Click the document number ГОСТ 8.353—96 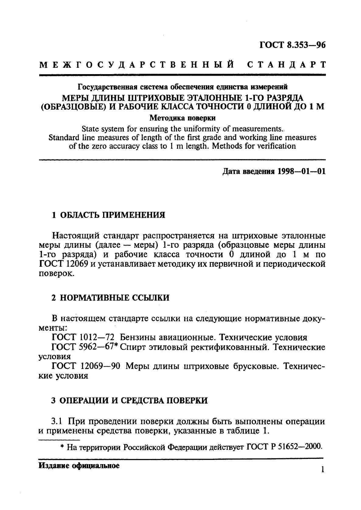[x=292, y=45]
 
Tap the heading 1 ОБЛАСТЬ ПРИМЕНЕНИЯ [x=108, y=215]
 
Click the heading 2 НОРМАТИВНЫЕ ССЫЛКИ [x=110, y=298]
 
